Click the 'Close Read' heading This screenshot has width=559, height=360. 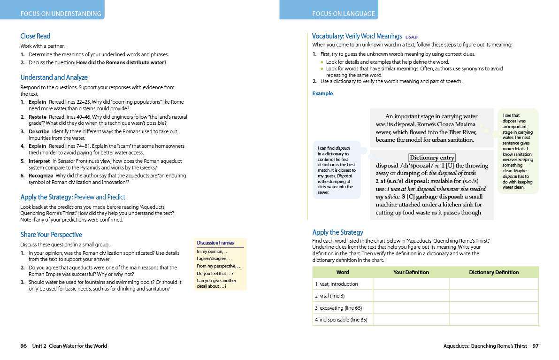pos(35,36)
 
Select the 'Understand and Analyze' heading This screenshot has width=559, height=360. pos(54,77)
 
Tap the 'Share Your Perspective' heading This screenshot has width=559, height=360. pos(51,235)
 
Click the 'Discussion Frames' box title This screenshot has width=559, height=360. pos(215,243)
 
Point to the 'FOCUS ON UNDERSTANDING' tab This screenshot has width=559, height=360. pos(61,14)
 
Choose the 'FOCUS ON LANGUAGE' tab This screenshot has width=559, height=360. pos(344,14)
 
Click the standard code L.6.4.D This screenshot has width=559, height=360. pos(411,37)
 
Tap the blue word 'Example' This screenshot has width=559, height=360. pos(322,93)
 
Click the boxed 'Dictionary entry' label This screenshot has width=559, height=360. pos(432,158)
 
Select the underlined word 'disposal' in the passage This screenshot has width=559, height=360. pos(404,124)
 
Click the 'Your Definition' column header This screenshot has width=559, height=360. pos(411,272)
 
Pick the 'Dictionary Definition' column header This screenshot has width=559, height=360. pos(494,272)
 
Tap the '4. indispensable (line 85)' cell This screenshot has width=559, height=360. pos(341,320)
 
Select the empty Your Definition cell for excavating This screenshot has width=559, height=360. pos(411,308)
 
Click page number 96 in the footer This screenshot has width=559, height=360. pos(23,346)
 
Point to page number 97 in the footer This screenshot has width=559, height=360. pos(536,346)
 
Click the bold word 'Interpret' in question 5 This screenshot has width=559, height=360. pos(39,161)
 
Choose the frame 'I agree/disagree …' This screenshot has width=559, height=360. pos(214,259)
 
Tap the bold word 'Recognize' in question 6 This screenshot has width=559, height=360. pos(41,176)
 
